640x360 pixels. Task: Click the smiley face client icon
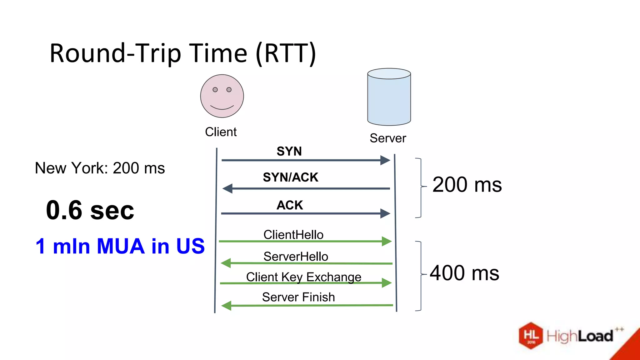pos(222,96)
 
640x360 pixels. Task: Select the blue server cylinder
pos(389,97)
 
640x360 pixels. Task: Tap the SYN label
pos(289,151)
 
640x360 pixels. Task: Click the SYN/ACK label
pos(290,177)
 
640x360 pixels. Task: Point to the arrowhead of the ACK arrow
pos(386,213)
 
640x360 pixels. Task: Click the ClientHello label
pos(293,235)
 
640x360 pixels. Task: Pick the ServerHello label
pos(296,257)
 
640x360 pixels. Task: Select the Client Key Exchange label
pos(303,277)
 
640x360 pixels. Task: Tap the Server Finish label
pos(298,297)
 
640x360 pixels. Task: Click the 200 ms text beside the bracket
pos(467,185)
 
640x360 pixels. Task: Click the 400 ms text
pos(464,273)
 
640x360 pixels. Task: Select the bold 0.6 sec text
pos(90,210)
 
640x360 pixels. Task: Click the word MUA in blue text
pos(121,246)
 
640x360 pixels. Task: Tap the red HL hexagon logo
pos(531,336)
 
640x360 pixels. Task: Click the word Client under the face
pos(221,132)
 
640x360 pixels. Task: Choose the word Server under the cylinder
pos(388,138)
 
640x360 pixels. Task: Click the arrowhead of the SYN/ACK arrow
pos(227,188)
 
